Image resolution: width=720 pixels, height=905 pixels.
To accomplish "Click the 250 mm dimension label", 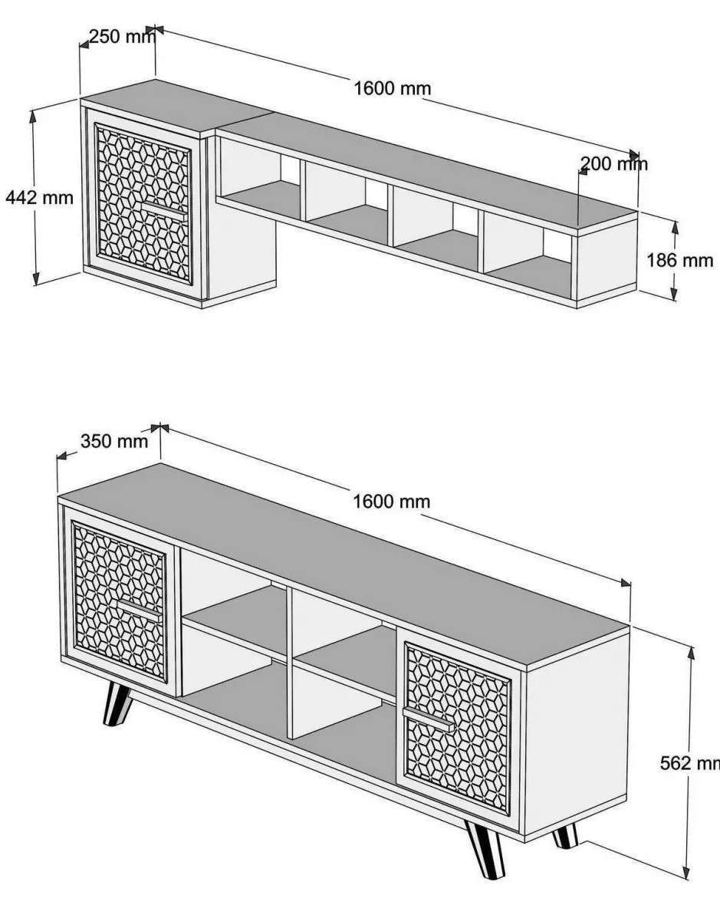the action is [x=123, y=36].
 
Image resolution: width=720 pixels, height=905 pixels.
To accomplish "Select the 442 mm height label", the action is [x=40, y=197].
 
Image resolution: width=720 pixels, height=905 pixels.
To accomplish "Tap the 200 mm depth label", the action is [x=614, y=164].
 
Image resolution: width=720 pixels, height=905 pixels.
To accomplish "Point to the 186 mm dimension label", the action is [x=679, y=260].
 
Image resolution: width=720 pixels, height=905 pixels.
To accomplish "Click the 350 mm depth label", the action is [x=114, y=442].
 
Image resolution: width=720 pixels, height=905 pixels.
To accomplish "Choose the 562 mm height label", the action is [x=690, y=763].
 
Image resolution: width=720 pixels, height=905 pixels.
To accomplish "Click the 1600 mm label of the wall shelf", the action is [x=393, y=88].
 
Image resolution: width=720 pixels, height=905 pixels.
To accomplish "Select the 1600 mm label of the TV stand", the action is [x=392, y=501].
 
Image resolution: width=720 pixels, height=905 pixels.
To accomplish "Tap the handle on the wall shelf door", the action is [x=164, y=209].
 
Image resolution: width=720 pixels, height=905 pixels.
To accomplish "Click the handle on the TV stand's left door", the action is [x=140, y=610].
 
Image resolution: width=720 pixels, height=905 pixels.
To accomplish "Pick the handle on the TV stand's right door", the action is [x=429, y=719].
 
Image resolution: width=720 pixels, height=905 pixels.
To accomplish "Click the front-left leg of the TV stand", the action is [x=117, y=703].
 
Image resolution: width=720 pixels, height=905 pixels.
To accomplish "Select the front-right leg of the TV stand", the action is [x=486, y=850].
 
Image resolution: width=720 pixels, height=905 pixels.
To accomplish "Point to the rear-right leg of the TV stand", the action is [x=565, y=836].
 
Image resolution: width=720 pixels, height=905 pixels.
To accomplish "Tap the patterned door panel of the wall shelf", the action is [x=143, y=204].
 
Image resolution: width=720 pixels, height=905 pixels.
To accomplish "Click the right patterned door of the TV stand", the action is [x=458, y=729].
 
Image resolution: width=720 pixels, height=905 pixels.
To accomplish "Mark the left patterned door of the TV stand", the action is [x=120, y=601].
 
